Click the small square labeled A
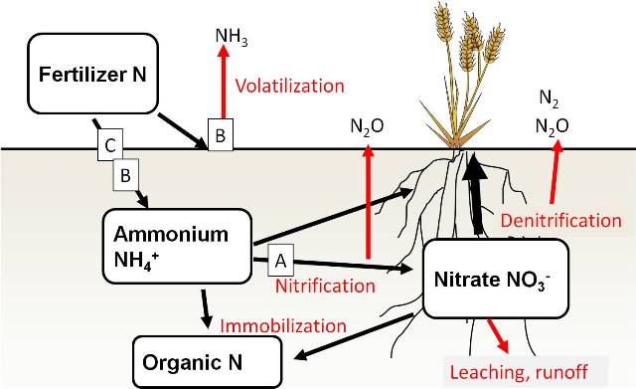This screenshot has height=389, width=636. (x=281, y=261)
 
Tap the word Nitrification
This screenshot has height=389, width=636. (x=326, y=287)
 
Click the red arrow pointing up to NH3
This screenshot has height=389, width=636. (x=225, y=90)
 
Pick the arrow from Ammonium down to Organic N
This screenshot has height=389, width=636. (x=207, y=306)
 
